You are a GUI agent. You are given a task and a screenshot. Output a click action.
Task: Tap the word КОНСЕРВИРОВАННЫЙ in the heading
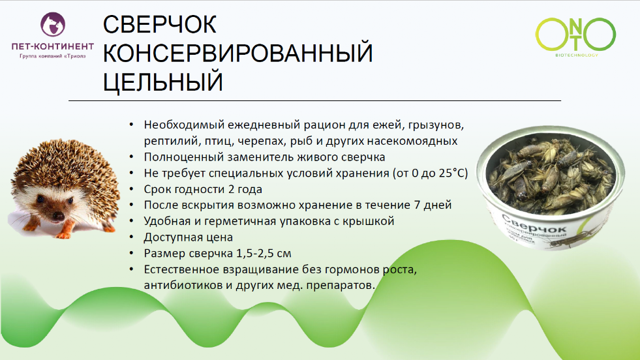pyautogui.click(x=238, y=54)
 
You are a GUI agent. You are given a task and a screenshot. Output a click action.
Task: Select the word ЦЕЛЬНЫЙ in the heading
pyautogui.click(x=163, y=83)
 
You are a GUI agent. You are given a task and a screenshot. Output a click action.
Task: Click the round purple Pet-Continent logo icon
pyautogui.click(x=53, y=26)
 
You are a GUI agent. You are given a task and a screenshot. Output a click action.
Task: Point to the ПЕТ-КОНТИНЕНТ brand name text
pyautogui.click(x=53, y=47)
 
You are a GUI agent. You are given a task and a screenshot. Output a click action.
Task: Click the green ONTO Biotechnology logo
pyautogui.click(x=575, y=36)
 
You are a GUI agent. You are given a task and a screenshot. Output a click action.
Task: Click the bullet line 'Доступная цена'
pyautogui.click(x=189, y=237)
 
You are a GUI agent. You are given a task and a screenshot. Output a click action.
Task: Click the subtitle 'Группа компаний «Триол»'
pyautogui.click(x=53, y=57)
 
